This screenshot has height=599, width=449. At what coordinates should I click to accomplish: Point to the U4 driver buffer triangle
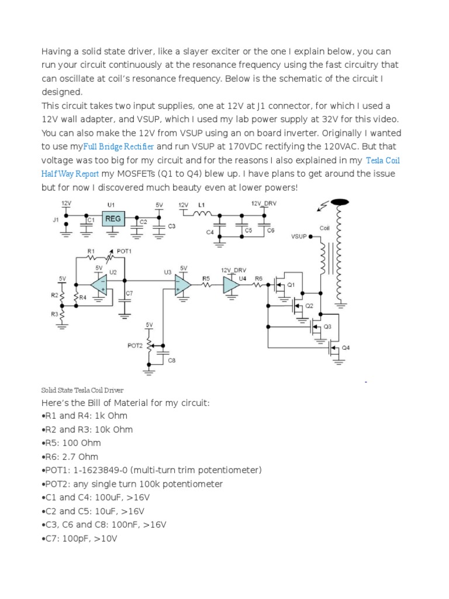(x=232, y=285)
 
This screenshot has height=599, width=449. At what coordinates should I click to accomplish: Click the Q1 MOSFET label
(x=291, y=285)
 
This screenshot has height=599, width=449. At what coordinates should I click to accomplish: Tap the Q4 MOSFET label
(x=346, y=347)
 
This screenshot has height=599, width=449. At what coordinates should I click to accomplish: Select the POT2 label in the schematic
(x=135, y=346)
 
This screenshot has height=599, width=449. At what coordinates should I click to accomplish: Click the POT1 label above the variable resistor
(x=125, y=251)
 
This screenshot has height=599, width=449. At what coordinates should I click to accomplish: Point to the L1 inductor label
(x=202, y=205)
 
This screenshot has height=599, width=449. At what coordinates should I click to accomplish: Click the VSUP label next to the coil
(x=299, y=237)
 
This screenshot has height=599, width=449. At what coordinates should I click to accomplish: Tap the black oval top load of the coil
(x=340, y=202)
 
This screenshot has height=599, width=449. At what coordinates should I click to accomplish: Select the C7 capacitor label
(x=129, y=292)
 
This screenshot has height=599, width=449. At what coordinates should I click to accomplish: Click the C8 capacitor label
(x=171, y=360)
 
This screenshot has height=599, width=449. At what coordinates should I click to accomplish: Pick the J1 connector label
(x=56, y=219)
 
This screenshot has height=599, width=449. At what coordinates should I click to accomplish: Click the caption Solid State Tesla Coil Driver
(x=82, y=390)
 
